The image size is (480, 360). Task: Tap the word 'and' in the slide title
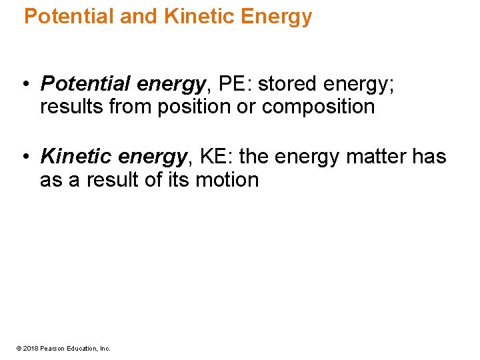[x=138, y=17]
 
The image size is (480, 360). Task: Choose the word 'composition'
[x=318, y=107]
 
